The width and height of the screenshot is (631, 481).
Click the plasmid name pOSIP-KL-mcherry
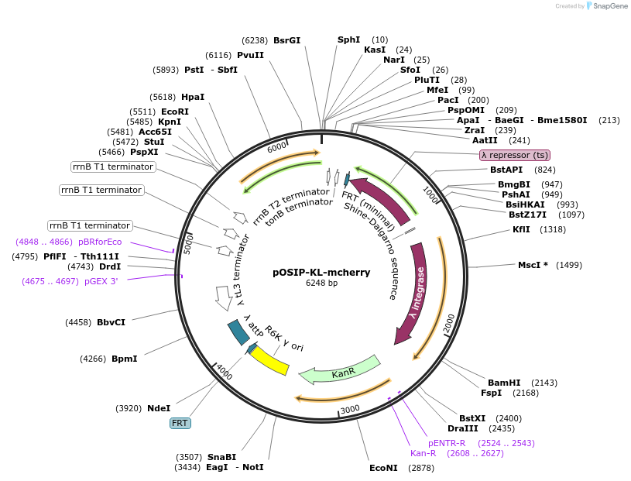[321, 273]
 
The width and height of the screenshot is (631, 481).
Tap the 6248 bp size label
[321, 283]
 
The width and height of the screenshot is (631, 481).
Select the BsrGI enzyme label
[286, 40]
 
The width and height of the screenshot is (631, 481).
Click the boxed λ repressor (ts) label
[515, 155]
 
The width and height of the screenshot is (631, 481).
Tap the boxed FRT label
[180, 423]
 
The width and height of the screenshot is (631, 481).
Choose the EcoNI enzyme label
[383, 468]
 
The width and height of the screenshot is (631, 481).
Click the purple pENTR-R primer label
[447, 443]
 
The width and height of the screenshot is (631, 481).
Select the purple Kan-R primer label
[424, 453]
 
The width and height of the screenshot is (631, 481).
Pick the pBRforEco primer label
[100, 242]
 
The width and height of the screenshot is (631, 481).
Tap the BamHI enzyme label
[504, 383]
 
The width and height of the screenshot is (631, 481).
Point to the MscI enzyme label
[533, 265]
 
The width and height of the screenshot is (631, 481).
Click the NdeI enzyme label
[159, 408]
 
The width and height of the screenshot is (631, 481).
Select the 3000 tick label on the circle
[350, 409]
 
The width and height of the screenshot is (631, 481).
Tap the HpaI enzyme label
[193, 97]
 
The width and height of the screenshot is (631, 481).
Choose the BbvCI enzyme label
[111, 322]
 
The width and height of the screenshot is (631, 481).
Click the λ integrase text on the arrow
[419, 295]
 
